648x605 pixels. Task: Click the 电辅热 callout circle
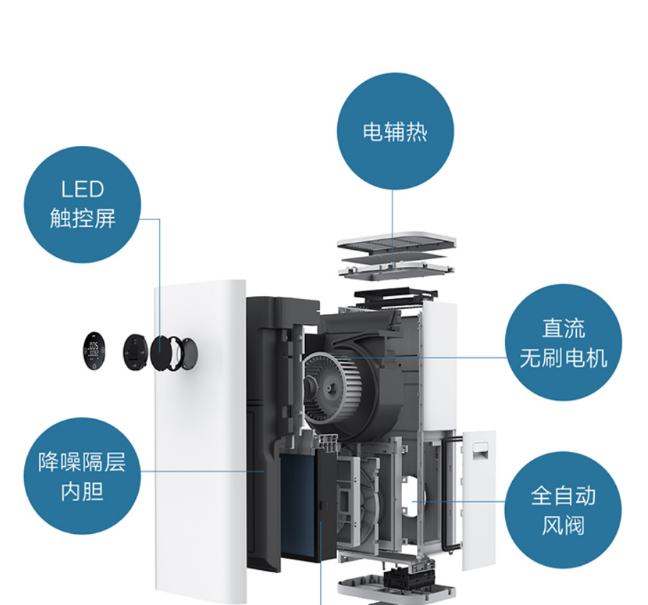[x=395, y=130]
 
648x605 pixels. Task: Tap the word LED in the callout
[x=83, y=189]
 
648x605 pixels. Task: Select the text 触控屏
[x=83, y=218]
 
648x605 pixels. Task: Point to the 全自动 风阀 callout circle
[x=563, y=510]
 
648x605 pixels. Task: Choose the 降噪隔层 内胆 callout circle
[x=83, y=475]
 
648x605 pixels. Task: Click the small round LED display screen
[x=92, y=350]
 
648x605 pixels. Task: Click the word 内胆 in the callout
[x=83, y=491]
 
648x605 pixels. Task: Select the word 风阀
[x=563, y=526]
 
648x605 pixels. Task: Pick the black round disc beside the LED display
[x=134, y=351]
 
